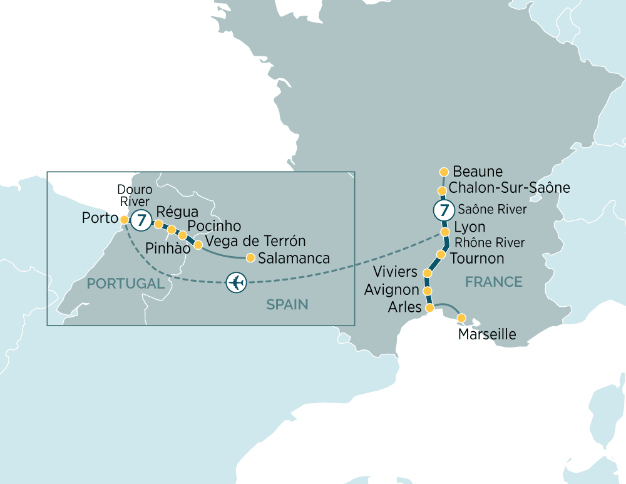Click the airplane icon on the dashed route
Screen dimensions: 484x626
(237, 282)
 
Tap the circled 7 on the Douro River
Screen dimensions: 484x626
(142, 220)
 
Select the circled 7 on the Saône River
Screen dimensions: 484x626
(443, 210)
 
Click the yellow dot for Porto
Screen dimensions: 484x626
(124, 220)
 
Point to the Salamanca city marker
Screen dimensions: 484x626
(250, 257)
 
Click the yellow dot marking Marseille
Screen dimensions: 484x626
(462, 318)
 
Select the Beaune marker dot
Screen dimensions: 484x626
(444, 172)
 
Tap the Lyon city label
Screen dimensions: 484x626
(469, 227)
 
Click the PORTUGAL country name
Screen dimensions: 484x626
(125, 284)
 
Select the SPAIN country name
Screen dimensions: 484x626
(287, 305)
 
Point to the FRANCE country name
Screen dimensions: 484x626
(493, 282)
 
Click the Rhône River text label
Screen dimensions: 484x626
(489, 243)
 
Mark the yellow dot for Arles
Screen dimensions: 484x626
(429, 308)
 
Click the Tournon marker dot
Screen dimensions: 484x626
(441, 255)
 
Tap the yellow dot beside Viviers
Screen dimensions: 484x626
(428, 274)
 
